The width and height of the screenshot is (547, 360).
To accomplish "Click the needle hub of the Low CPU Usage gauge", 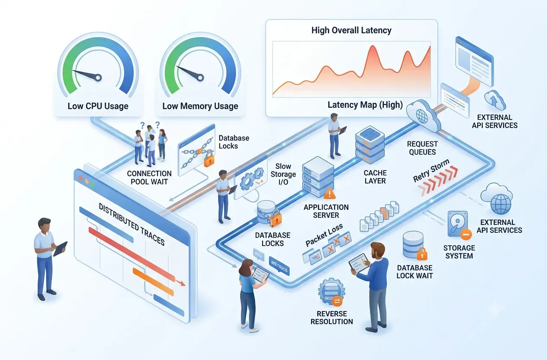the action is click(98, 77).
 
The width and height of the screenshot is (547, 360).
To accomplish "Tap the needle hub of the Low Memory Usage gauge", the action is click(200, 77).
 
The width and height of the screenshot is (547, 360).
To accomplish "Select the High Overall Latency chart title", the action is click(351, 30).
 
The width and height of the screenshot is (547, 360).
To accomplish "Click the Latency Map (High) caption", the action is click(365, 105).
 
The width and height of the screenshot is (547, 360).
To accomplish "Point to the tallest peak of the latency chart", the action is click(373, 46).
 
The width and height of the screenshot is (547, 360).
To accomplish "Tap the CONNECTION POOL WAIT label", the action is click(149, 177).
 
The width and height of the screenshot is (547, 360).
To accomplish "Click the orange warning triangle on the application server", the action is click(329, 193).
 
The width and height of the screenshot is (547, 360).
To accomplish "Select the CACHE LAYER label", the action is click(375, 177).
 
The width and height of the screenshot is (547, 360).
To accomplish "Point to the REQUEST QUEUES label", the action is click(422, 148).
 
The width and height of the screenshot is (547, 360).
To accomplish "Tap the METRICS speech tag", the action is click(279, 266).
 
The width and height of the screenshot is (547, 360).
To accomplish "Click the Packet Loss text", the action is click(324, 235).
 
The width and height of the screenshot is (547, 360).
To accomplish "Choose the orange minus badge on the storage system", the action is click(466, 235).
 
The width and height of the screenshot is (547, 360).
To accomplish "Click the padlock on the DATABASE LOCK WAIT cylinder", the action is click(422, 254).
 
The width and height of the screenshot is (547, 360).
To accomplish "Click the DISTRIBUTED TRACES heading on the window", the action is click(132, 224).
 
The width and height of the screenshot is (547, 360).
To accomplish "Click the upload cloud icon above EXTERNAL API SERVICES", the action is click(495, 100).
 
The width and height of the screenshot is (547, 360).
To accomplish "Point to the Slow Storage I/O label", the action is click(283, 174).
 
